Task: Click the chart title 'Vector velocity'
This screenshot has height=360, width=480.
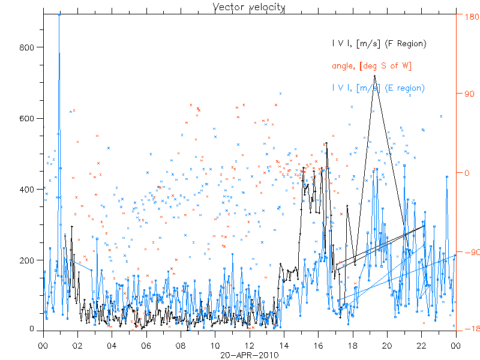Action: point(249,7)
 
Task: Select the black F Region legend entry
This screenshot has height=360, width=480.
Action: point(379,44)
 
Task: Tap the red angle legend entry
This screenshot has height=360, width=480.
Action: point(371,66)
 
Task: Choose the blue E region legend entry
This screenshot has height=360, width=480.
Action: point(378,88)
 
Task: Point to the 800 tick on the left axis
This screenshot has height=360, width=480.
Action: point(29,47)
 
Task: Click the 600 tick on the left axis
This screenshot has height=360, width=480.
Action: point(29,118)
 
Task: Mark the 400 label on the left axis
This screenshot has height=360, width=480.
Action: point(29,189)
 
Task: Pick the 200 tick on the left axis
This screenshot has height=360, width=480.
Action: point(29,260)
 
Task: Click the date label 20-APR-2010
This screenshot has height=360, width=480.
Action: point(249,355)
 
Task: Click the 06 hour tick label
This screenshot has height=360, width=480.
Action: point(146,346)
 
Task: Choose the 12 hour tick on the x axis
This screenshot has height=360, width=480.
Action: point(249,346)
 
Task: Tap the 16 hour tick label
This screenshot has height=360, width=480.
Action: point(318,346)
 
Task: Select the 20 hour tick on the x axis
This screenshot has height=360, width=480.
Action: point(387,346)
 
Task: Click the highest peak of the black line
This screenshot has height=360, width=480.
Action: point(374,76)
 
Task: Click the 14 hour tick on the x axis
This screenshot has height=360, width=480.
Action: point(284,346)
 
